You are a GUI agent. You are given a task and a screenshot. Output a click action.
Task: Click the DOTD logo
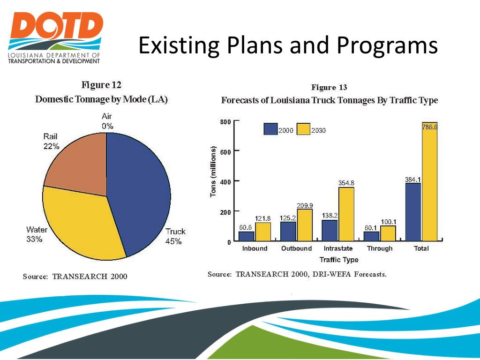55,37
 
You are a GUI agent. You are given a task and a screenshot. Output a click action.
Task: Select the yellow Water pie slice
80,220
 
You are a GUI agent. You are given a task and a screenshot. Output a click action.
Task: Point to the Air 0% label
107,121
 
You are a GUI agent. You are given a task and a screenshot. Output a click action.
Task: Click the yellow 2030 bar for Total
429,187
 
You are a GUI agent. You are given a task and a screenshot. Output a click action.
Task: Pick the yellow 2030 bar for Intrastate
346,214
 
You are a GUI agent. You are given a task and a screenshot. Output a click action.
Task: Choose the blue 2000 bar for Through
371,236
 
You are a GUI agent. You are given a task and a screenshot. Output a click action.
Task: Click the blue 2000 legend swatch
270,129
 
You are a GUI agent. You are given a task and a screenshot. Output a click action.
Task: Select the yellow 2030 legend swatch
303,129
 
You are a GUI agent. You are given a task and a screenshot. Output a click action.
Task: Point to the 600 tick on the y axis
225,151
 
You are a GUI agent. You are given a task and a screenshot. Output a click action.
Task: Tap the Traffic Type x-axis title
338,260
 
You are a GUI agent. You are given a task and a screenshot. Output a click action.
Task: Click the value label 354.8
346,183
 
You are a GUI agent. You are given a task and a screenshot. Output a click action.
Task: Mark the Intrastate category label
338,248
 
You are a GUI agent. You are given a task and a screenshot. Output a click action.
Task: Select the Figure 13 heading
329,88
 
